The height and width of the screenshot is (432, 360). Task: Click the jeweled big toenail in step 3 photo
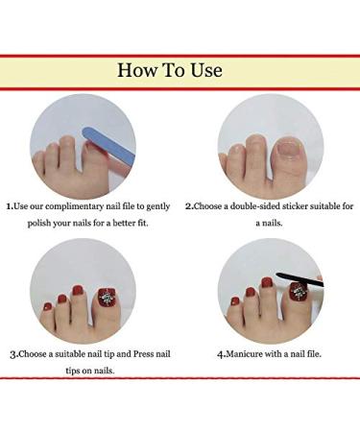(104, 291)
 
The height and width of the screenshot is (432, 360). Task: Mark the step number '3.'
(14, 353)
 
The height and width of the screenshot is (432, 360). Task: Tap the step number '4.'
(221, 353)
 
